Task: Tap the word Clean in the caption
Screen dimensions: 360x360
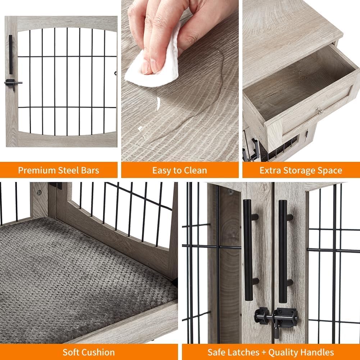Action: coord(195,170)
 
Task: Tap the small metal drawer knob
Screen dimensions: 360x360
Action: coord(318,110)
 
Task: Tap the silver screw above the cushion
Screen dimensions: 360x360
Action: coord(39,192)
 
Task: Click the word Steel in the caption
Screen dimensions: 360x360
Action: coord(65,170)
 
